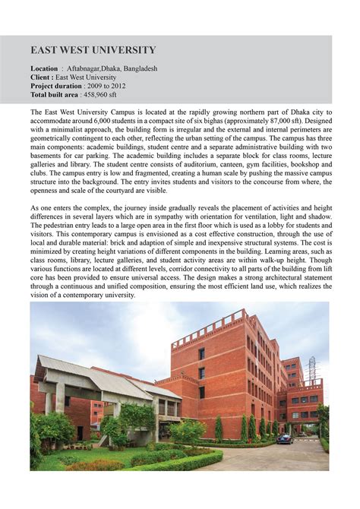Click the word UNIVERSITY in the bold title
[x=122, y=51]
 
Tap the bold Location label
[x=44, y=68]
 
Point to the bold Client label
[x=41, y=77]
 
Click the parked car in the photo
[x=284, y=439]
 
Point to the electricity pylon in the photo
[x=311, y=368]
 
